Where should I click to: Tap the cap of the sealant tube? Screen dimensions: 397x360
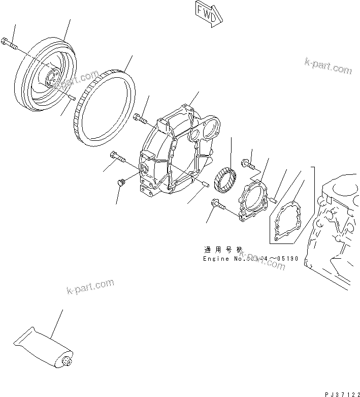pos(66,362)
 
